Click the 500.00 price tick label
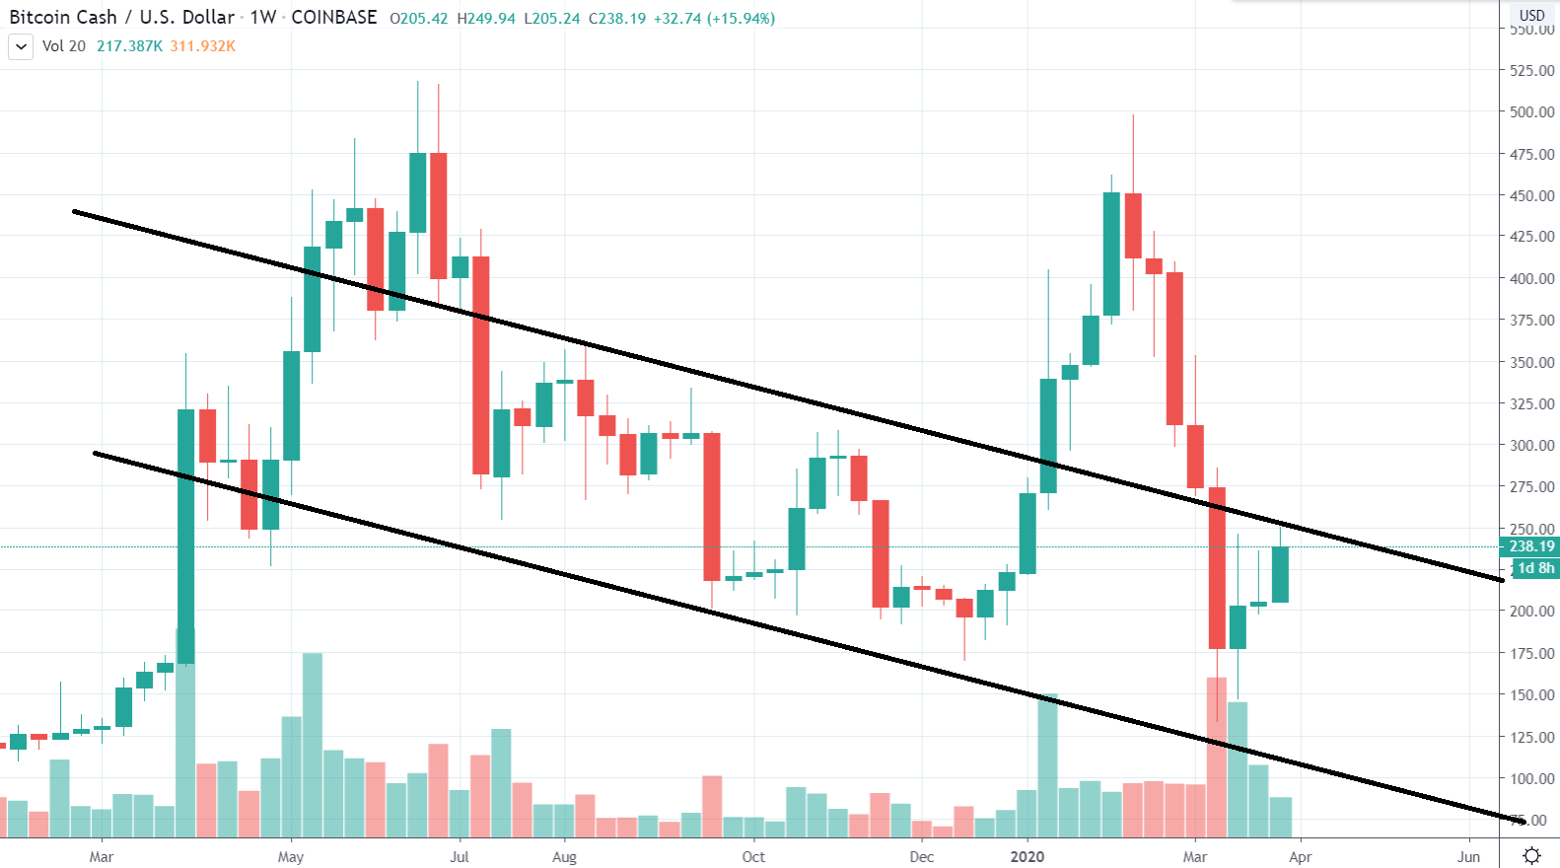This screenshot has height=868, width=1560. pyautogui.click(x=1531, y=112)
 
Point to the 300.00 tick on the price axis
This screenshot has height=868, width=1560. pyautogui.click(x=1531, y=446)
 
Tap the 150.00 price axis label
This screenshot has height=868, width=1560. pyautogui.click(x=1531, y=695)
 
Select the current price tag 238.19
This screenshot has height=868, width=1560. pyautogui.click(x=1531, y=546)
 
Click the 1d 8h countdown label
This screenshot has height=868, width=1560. pyautogui.click(x=1535, y=568)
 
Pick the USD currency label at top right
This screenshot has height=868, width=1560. pyautogui.click(x=1531, y=15)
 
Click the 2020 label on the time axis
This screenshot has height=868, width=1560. pyautogui.click(x=1027, y=857)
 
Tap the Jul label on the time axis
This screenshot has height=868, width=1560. pyautogui.click(x=460, y=857)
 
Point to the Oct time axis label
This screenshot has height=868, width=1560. pyautogui.click(x=753, y=857)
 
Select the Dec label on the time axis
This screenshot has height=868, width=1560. pyautogui.click(x=921, y=857)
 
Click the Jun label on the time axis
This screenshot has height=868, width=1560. pyautogui.click(x=1469, y=857)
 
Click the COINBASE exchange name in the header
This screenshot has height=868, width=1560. pyautogui.click(x=333, y=18)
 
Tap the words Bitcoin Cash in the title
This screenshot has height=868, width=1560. pyautogui.click(x=63, y=18)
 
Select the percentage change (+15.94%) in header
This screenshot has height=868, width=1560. pyautogui.click(x=741, y=19)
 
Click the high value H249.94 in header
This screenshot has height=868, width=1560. pyautogui.click(x=486, y=19)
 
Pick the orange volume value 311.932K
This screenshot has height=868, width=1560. pyautogui.click(x=202, y=46)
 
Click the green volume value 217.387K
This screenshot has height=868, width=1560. pyautogui.click(x=129, y=46)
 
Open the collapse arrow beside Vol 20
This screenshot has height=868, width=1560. pyautogui.click(x=21, y=46)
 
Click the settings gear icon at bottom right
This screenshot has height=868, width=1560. pyautogui.click(x=1531, y=855)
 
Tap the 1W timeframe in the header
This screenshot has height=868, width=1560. pyautogui.click(x=263, y=18)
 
